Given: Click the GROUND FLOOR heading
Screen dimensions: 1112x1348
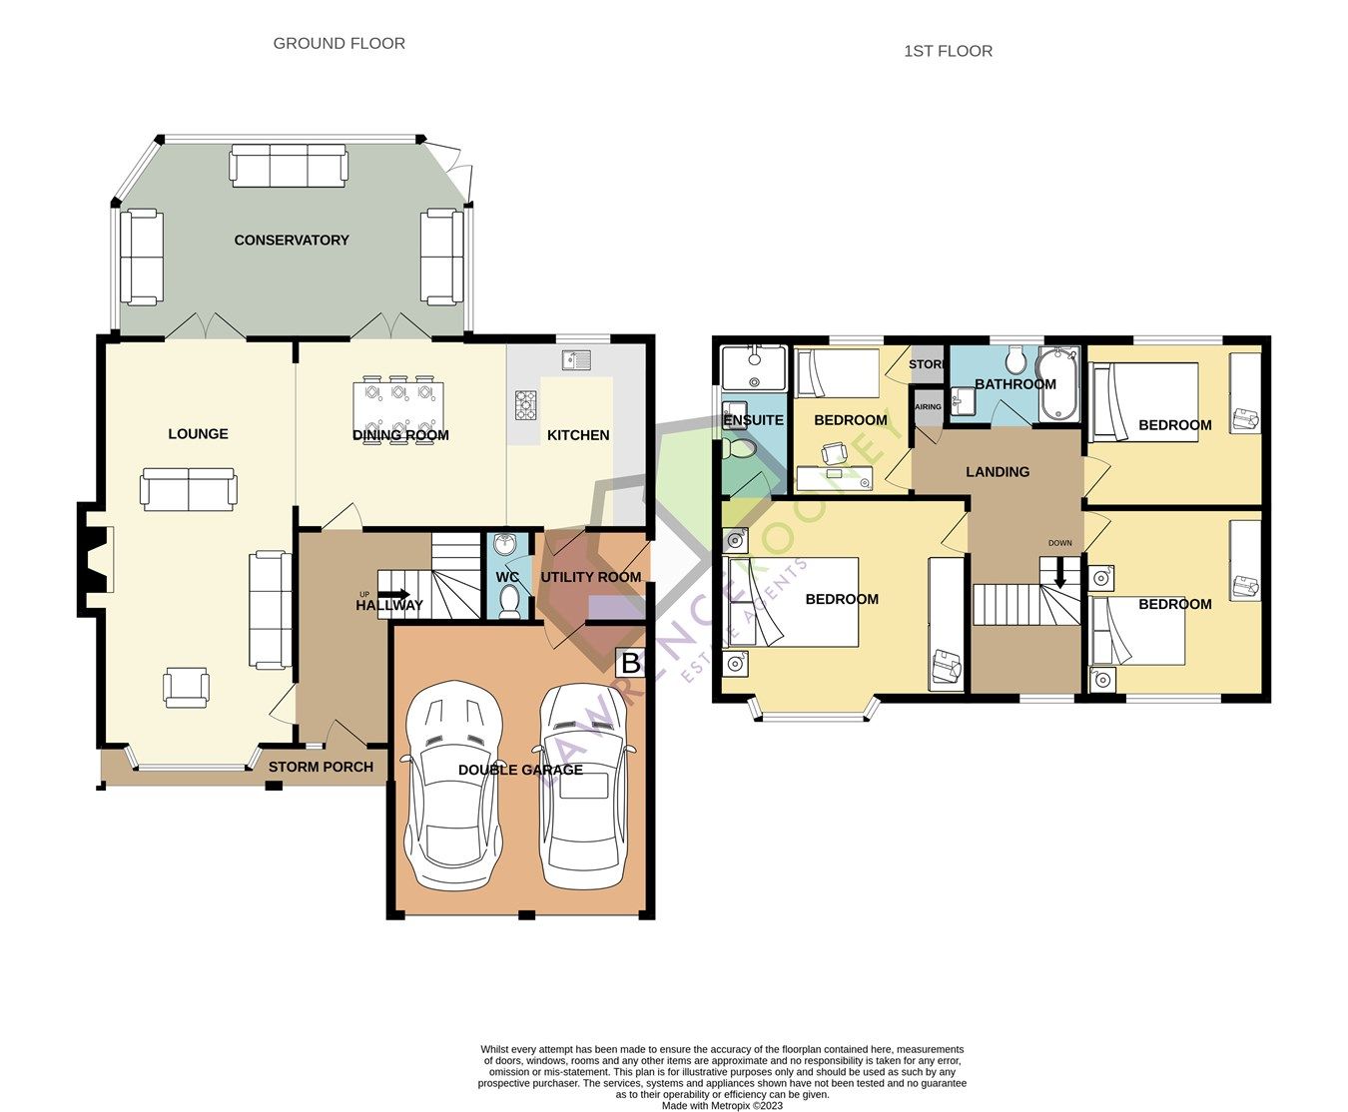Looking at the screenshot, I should (x=338, y=43).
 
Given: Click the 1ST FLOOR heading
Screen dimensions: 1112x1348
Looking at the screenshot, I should (x=948, y=51).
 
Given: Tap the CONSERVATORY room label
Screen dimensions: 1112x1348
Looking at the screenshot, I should (x=292, y=240).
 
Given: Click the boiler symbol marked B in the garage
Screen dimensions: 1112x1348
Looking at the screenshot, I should (x=630, y=663).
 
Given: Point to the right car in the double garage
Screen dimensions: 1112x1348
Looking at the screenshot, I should (x=584, y=786).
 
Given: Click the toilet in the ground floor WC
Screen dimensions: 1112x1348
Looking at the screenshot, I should (x=509, y=601).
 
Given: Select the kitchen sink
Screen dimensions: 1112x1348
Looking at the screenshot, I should (x=576, y=360).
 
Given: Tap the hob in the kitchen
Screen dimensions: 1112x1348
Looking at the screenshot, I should (x=525, y=404).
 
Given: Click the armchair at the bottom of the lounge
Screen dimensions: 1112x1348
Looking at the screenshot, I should (x=187, y=687).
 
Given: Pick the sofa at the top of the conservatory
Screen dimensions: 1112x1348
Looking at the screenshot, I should (x=289, y=165).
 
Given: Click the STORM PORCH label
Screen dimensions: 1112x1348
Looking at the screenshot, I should (x=321, y=767).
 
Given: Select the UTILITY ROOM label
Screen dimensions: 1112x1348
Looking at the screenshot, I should (x=590, y=577).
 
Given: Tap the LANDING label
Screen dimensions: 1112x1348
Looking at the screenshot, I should (x=997, y=471).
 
